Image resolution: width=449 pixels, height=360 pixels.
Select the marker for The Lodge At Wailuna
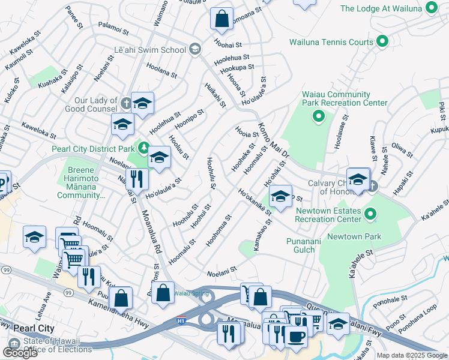[x=430, y=8]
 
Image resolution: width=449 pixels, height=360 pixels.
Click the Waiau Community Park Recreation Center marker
[x=319, y=116]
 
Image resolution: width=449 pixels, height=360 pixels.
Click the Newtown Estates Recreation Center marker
[x=370, y=214]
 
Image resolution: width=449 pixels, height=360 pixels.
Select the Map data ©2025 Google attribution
[x=411, y=355]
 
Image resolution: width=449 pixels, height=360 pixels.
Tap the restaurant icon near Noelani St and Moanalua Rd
[x=138, y=178]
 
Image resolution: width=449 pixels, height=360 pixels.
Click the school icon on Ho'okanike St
[x=280, y=196]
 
